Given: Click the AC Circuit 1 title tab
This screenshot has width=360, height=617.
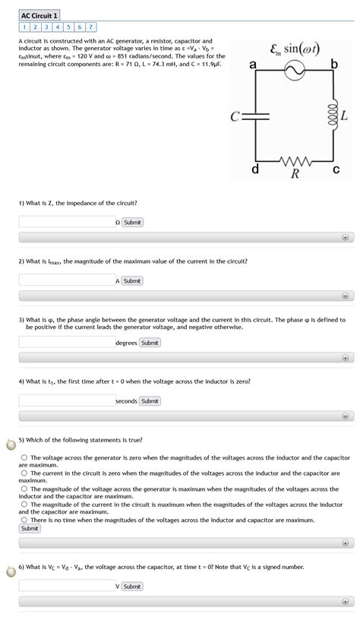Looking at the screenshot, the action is pyautogui.click(x=39, y=14).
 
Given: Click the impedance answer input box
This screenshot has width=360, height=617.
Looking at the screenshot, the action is pyautogui.click(x=67, y=222).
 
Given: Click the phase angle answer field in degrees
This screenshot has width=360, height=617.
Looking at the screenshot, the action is pyautogui.click(x=67, y=343).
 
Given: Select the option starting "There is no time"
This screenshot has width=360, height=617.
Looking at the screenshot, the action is pyautogui.click(x=24, y=520).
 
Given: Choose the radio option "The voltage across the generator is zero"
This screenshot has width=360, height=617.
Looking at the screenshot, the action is pyautogui.click(x=24, y=457).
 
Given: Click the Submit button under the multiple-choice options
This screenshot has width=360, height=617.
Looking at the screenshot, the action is pyautogui.click(x=30, y=528).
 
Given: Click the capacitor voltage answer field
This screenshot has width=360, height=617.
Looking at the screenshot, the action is pyautogui.click(x=67, y=586).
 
